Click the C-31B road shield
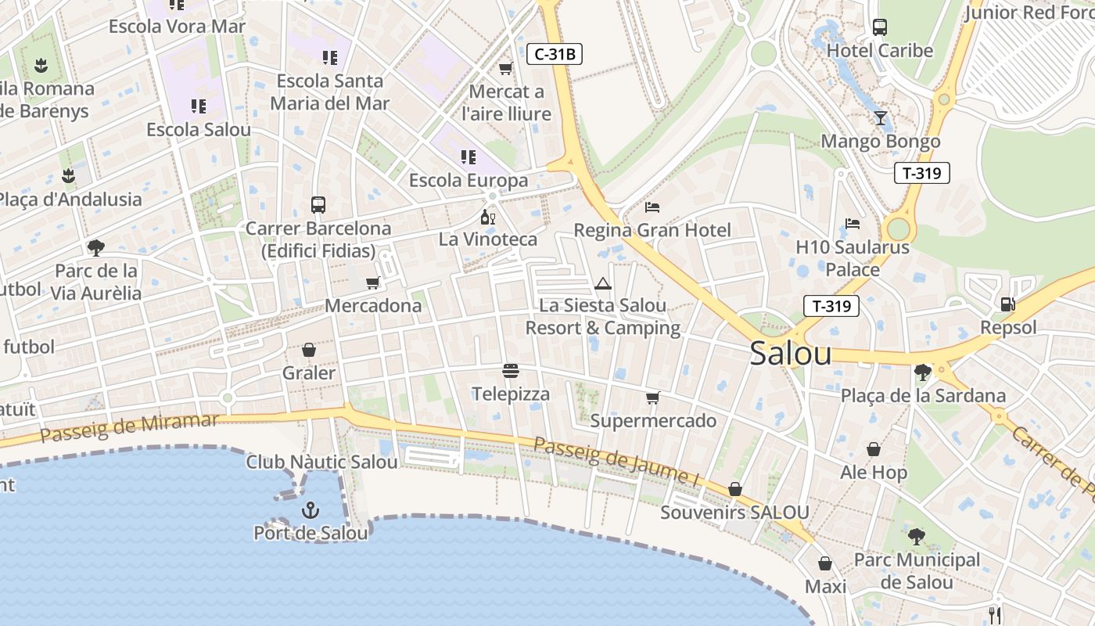pos(555,54)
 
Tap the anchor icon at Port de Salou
pos(311,511)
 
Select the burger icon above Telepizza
pos(511,371)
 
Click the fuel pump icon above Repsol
pos(1008,304)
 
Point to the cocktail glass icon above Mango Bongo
pos(881,118)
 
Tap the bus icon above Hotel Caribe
pos(880,27)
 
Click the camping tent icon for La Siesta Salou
pos(602,283)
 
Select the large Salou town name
pos(790,354)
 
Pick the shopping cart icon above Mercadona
pos(373,282)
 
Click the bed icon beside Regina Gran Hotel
pos(652,207)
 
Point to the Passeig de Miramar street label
pos(129,427)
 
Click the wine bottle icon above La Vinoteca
pos(487,217)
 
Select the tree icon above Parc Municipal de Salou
pos(916,537)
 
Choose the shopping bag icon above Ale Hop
pos(874,449)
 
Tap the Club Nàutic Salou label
pos(321,462)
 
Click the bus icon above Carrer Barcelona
pos(318,205)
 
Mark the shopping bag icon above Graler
pos(309,350)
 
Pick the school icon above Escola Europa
pos(469,157)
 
